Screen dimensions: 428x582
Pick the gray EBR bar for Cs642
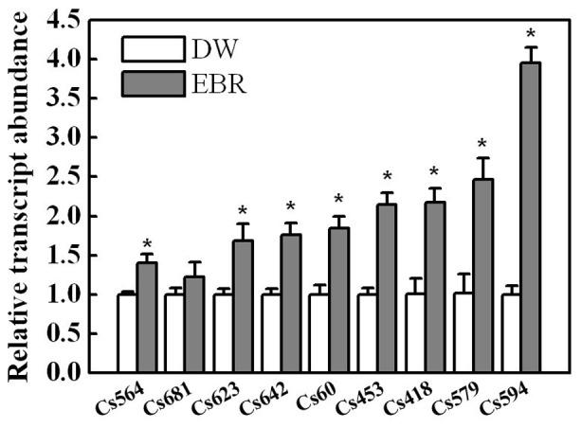[291, 303]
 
